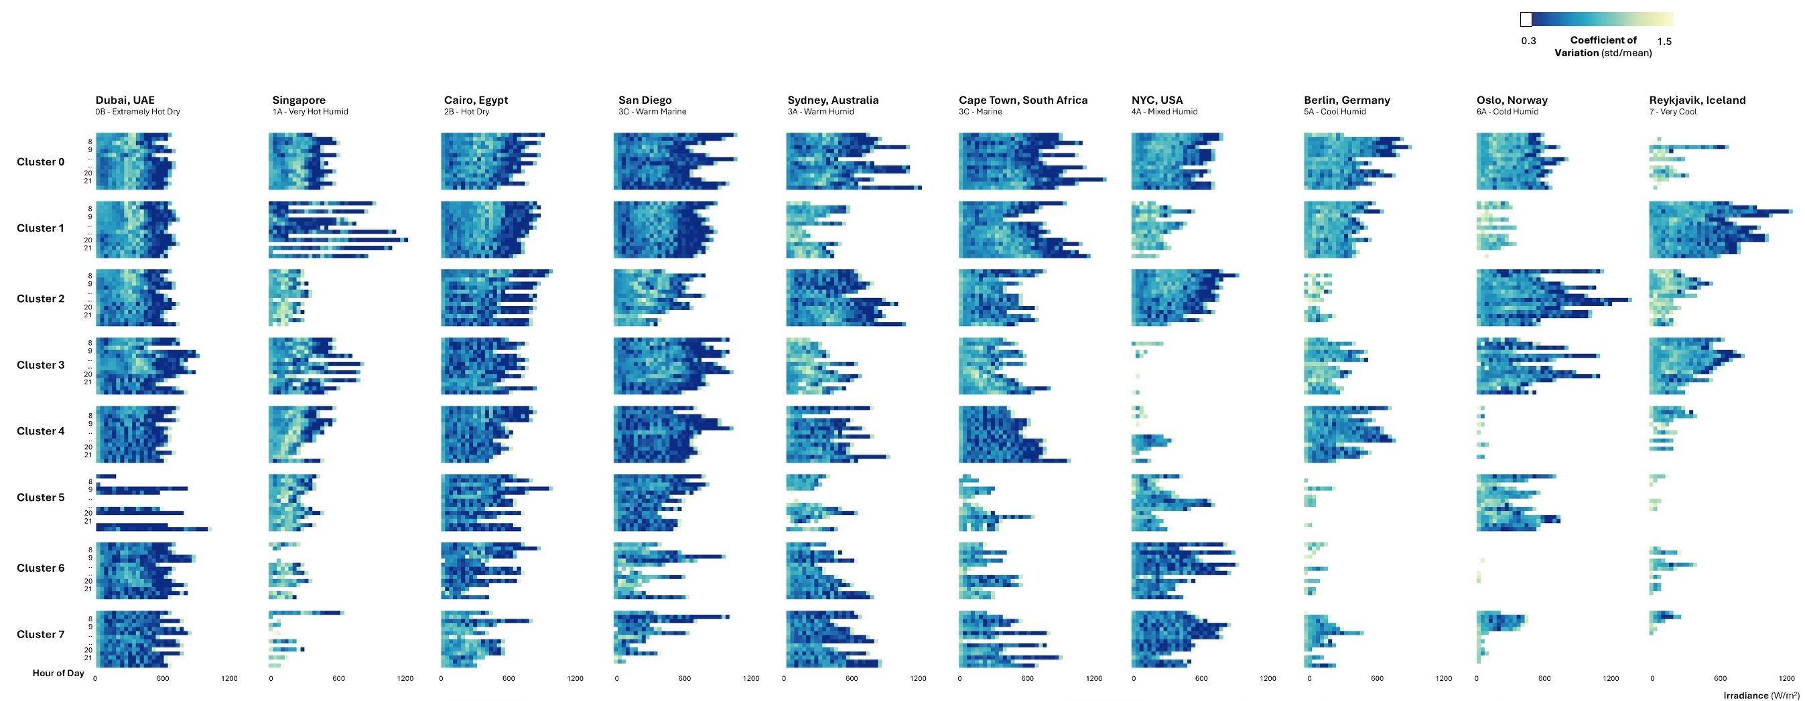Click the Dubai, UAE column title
pos(125,100)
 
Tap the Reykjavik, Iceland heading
pos(1697,100)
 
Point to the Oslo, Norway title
pos(1512,100)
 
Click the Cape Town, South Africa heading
pos(1023,100)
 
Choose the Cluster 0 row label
pos(41,162)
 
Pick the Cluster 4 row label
pos(41,431)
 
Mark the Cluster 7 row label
pos(41,635)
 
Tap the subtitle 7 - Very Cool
pos(1672,112)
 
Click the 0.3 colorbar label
pos(1528,42)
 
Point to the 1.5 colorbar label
pos(1664,42)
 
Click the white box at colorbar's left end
pos(1526,19)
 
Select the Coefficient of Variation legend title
pos(1603,46)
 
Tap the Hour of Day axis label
pos(58,674)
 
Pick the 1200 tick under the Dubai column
pos(229,679)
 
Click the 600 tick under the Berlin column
pos(1377,679)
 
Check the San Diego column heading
pos(645,100)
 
